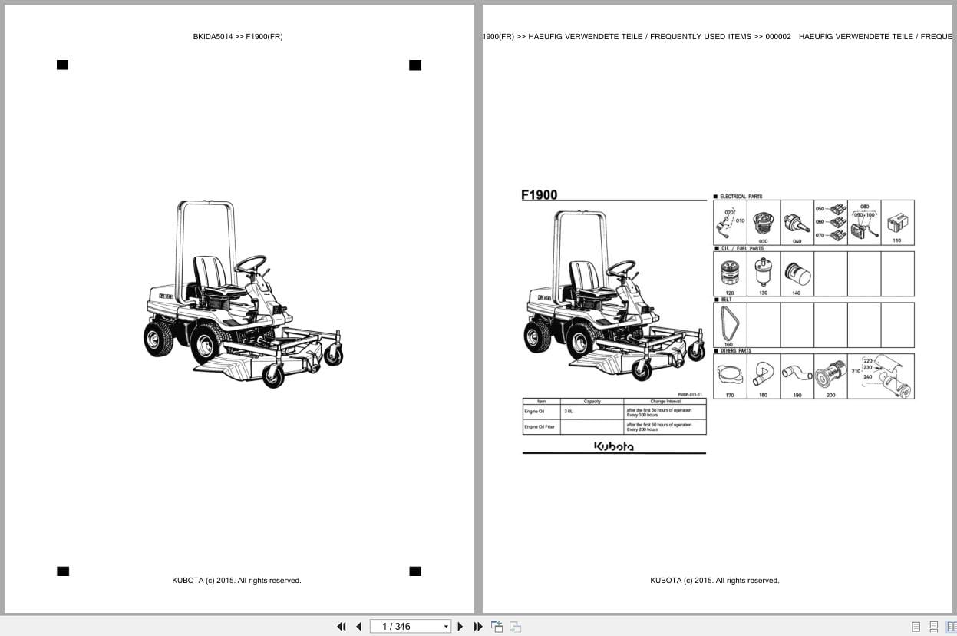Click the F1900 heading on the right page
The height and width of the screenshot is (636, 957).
(540, 195)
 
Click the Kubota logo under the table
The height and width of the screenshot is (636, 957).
(614, 446)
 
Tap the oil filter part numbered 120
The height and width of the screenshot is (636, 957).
(729, 273)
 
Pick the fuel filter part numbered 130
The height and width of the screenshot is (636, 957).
(763, 272)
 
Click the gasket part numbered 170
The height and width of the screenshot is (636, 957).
(729, 375)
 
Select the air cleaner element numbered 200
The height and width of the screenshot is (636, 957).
(830, 376)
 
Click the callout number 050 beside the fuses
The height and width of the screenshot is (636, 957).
(820, 209)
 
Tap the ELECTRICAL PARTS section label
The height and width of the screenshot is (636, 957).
(741, 197)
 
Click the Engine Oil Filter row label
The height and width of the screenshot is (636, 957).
(540, 426)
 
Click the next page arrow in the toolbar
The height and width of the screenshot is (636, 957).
(460, 627)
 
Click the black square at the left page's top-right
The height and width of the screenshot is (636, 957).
(415, 65)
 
